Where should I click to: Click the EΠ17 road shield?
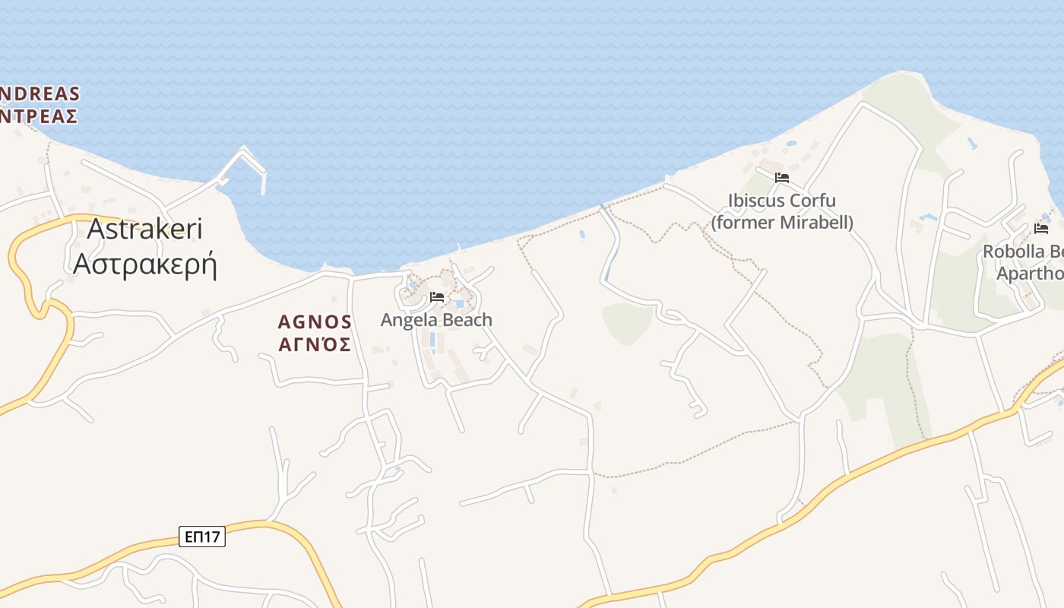pos(203,537)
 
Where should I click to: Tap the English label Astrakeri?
pos(145,229)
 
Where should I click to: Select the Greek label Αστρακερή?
pos(145,263)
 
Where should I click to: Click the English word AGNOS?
pos(315,322)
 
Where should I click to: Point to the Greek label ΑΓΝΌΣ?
pos(315,345)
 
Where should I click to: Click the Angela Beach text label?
pos(436,320)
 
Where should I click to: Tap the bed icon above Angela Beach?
pos(437,297)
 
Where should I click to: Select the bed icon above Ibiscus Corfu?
pos(782,178)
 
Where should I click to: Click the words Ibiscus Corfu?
pos(782,201)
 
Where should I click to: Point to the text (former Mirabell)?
pos(782,223)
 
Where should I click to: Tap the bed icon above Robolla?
pos(1041,228)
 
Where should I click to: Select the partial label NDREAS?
pos(40,94)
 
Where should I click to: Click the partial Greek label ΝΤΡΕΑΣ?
pos(40,116)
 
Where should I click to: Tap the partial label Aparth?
pos(1030,274)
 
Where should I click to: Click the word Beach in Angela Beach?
pos(464,320)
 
